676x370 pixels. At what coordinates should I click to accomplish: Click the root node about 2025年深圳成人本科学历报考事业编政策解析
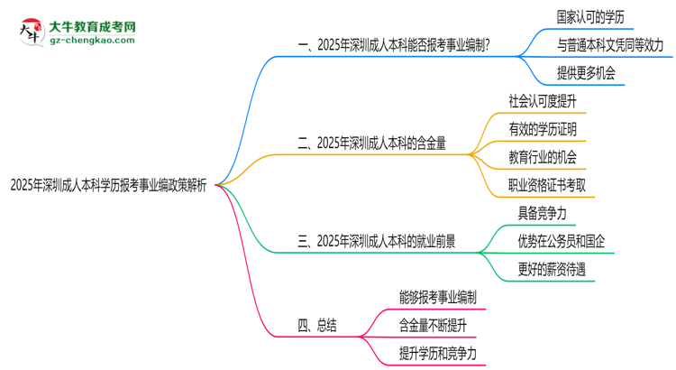tap(108, 186)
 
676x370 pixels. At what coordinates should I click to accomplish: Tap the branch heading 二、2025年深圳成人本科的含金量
tap(379, 143)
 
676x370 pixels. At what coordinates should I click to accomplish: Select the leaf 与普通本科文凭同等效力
tap(609, 44)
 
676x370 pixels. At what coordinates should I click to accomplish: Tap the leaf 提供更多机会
tap(586, 73)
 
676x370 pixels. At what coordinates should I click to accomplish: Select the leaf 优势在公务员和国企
tap(561, 241)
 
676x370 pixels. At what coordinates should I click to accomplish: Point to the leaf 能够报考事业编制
tap(437, 296)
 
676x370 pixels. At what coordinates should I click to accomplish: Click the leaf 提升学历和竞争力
tap(437, 354)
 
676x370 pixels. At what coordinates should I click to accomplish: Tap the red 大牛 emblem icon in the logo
tap(29, 31)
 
